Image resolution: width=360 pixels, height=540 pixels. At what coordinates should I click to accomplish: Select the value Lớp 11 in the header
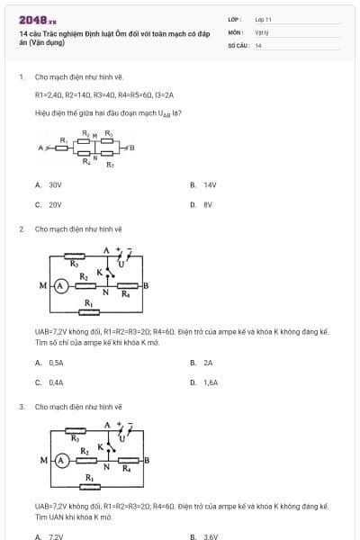[263, 19]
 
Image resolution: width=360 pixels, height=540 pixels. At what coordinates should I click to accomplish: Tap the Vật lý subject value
[261, 31]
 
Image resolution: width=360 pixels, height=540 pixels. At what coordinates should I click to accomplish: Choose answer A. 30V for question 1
[49, 184]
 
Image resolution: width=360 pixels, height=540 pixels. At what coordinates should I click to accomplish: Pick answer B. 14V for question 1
[204, 184]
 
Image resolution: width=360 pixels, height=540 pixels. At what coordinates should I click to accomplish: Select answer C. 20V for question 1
[49, 204]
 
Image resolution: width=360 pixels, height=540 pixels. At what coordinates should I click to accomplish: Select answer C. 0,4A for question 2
[50, 382]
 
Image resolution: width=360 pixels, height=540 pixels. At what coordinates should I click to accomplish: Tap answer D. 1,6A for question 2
[205, 382]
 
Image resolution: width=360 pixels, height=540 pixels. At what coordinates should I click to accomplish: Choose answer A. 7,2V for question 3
[49, 537]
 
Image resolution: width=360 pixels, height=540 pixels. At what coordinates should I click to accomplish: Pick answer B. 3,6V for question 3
[205, 537]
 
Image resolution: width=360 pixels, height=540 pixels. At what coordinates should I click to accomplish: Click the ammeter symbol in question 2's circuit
[61, 285]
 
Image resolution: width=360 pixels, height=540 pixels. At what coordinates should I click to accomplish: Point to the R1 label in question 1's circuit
[63, 139]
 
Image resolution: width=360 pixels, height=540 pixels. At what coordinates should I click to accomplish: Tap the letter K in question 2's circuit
[100, 272]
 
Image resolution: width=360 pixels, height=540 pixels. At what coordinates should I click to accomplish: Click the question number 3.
[21, 407]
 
